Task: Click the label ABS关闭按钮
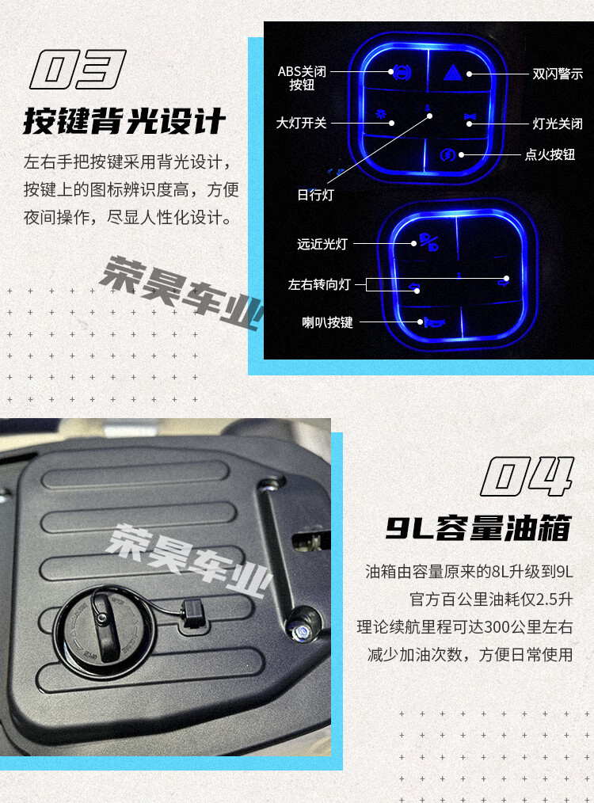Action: pos(302,78)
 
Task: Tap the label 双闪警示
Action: pos(557,74)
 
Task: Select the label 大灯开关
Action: pos(301,123)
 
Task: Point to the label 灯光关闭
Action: pos(557,124)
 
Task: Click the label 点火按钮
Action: pos(550,154)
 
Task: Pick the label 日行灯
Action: pos(315,195)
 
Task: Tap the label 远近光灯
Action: pos(322,244)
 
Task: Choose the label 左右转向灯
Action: pos(319,284)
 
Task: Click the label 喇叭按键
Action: pos(327,322)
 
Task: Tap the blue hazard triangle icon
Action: pos(453,73)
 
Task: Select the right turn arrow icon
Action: pos(504,280)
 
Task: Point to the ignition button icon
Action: pos(448,154)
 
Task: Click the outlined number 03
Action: pos(78,69)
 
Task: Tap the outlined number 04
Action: pos(527,476)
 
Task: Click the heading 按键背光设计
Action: pos(124,121)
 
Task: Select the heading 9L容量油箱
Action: pos(478,527)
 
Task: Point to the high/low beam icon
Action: pos(429,242)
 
